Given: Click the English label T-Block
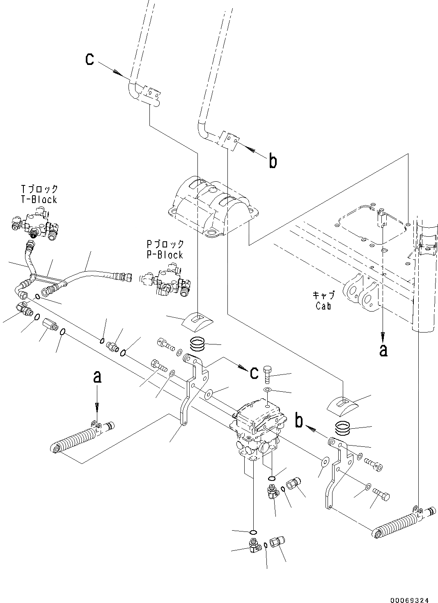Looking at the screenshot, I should pyautogui.click(x=39, y=200).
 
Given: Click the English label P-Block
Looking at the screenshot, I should pyautogui.click(x=165, y=255).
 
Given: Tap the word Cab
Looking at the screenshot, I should pyautogui.click(x=323, y=306).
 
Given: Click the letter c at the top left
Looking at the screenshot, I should pyautogui.click(x=89, y=60).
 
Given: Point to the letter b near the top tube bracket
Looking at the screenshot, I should pyautogui.click(x=273, y=162).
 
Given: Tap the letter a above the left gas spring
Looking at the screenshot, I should pyautogui.click(x=97, y=377).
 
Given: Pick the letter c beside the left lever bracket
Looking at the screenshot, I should pyautogui.click(x=254, y=372).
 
